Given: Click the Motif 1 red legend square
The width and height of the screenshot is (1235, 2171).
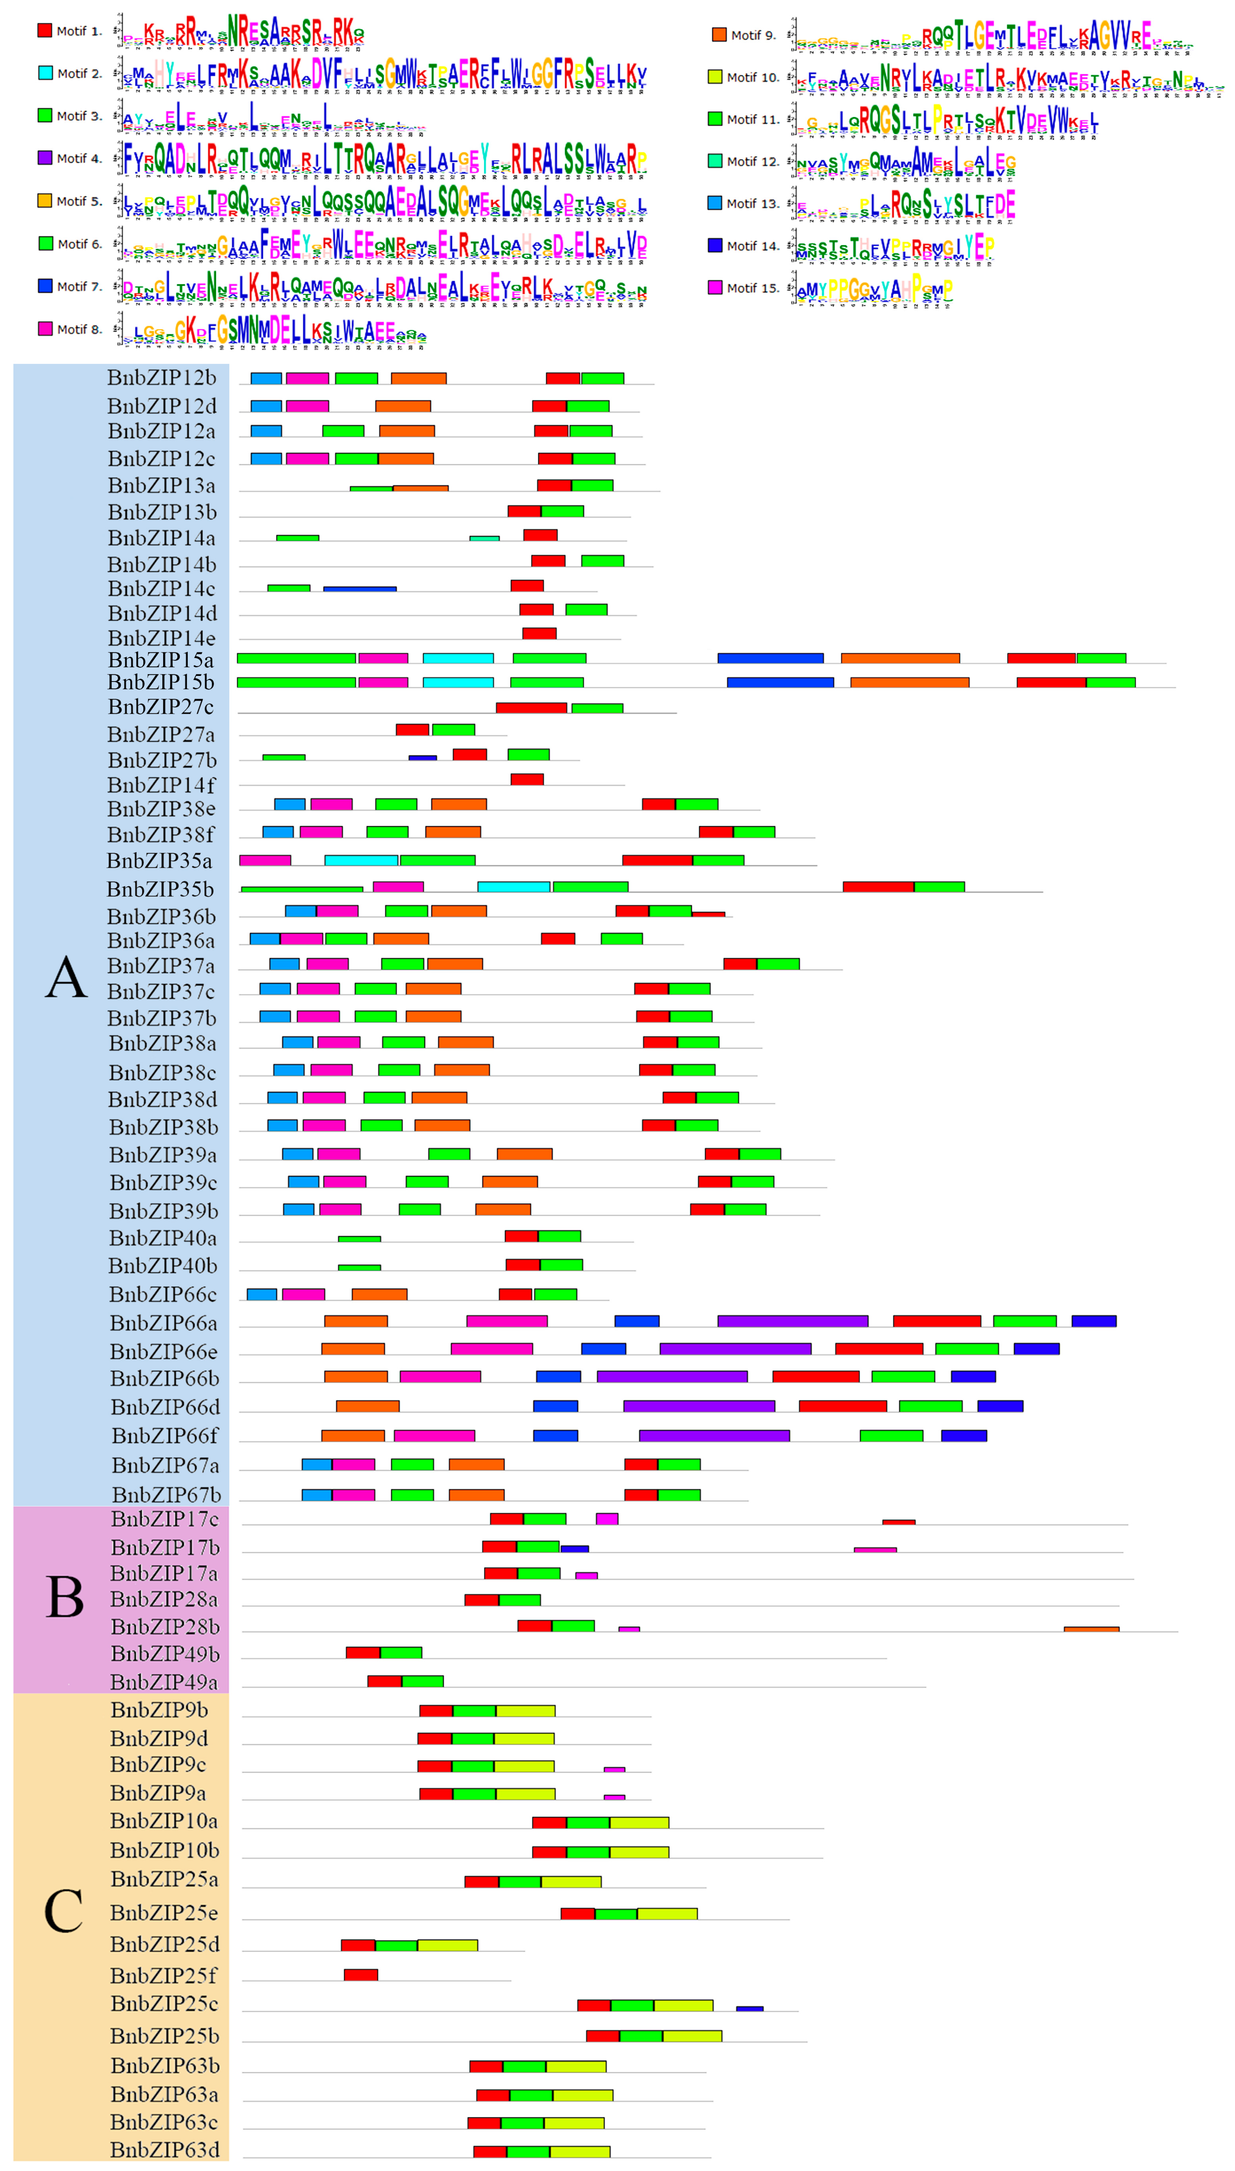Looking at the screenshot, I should click(45, 31).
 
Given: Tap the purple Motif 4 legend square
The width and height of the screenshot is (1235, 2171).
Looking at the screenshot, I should click(45, 158).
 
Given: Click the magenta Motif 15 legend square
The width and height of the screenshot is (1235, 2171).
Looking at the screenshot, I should click(715, 288).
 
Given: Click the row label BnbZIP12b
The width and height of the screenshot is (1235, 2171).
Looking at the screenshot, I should click(161, 378).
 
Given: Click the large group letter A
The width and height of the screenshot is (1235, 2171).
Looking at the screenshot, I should click(66, 977).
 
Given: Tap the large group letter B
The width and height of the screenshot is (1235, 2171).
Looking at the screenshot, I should click(65, 1598).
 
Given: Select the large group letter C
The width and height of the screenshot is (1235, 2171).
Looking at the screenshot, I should click(64, 1911).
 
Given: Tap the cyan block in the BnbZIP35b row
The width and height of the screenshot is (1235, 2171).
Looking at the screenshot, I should click(513, 887).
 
